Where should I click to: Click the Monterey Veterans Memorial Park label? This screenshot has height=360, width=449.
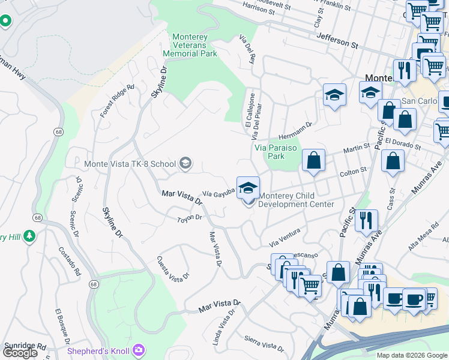tap(190, 45)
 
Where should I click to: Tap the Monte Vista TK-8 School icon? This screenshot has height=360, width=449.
tap(185, 163)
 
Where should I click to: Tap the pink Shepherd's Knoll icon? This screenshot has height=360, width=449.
tap(139, 349)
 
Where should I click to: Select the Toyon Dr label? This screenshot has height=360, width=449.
tap(190, 218)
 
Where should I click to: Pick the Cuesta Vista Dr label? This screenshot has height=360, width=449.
tap(173, 268)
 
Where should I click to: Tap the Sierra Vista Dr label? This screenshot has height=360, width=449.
tap(264, 344)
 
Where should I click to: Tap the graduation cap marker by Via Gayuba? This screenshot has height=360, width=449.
tap(248, 188)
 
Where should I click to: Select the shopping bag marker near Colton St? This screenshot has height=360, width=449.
tap(313, 161)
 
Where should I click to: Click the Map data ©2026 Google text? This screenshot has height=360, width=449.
tap(412, 355)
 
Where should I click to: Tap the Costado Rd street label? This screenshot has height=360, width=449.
tap(69, 260)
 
